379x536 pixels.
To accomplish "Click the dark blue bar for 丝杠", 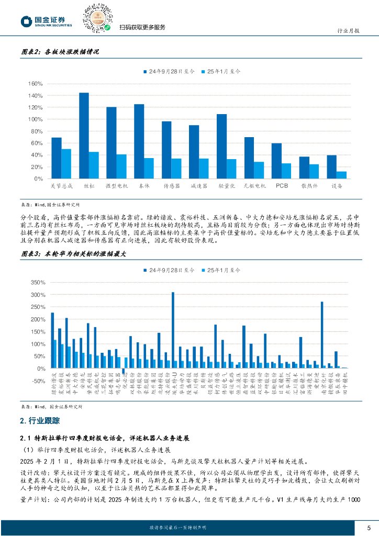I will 84,136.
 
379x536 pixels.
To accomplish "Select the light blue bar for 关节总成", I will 66,164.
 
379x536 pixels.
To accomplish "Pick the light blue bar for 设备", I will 341,175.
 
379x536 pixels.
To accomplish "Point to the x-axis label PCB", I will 282,185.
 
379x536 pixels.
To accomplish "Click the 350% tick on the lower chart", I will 38,282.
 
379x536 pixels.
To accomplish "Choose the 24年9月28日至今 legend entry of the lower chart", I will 167,270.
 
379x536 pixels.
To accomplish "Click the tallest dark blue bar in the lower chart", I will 173,330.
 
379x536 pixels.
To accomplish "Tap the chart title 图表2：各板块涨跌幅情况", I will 60,51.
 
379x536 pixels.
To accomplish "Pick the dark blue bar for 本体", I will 139,141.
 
